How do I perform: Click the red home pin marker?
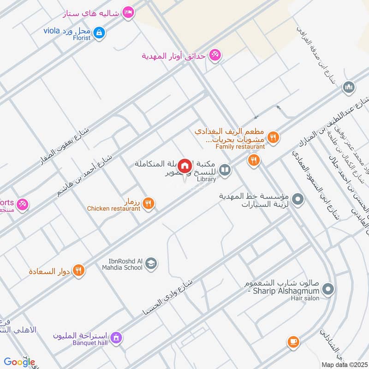pyautogui.click(x=185, y=166)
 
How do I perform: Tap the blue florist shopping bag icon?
pyautogui.click(x=99, y=32)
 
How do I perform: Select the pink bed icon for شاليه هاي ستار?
pyautogui.click(x=129, y=13)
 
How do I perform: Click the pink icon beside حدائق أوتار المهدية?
pyautogui.click(x=214, y=56)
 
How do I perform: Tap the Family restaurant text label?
pyautogui.click(x=240, y=147)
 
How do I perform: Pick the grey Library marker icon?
pyautogui.click(x=225, y=171)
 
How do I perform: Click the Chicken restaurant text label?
pyautogui.click(x=113, y=208)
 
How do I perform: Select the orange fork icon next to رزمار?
pyautogui.click(x=148, y=202)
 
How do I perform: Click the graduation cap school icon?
pyautogui.click(x=151, y=263)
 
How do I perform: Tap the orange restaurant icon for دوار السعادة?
pyautogui.click(x=79, y=270)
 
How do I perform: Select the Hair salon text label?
pyautogui.click(x=305, y=298)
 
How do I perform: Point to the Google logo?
pyautogui.click(x=19, y=362)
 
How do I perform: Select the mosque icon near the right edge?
pyautogui.click(x=349, y=87)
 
